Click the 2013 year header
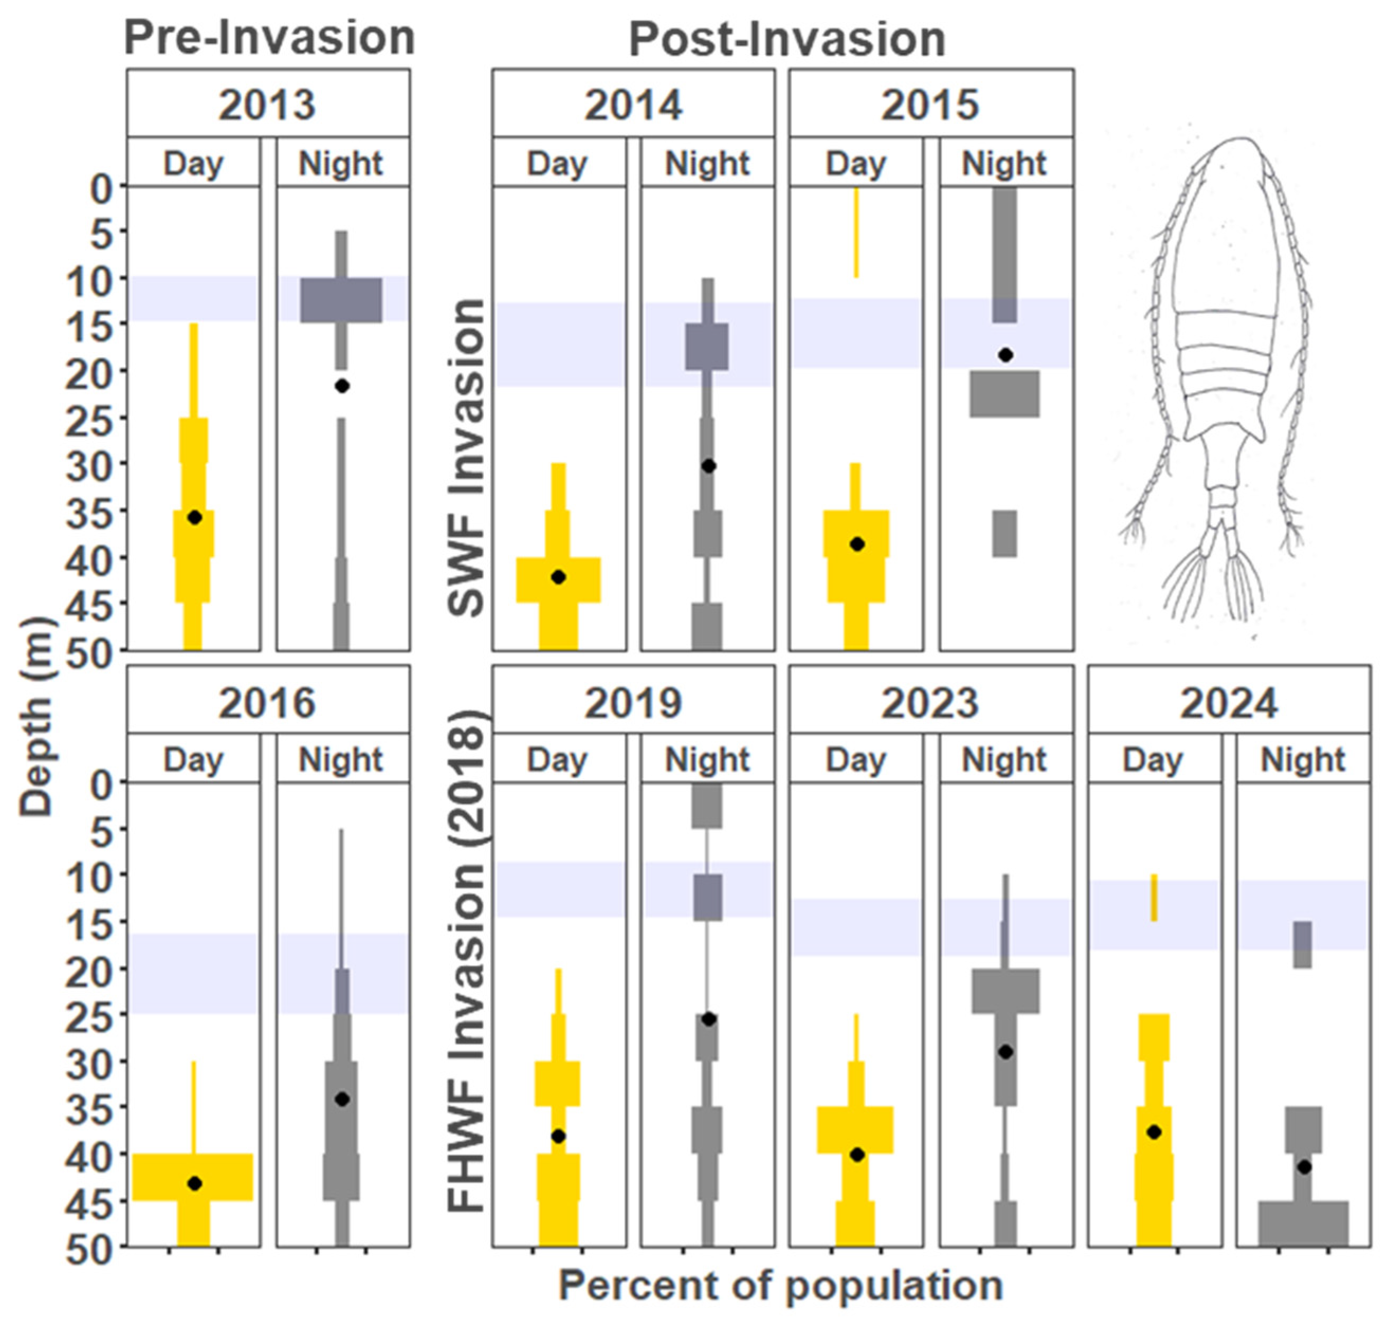(x=267, y=104)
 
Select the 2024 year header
(x=1228, y=702)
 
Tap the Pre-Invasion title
(x=269, y=38)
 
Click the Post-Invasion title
(x=786, y=40)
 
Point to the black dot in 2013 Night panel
(x=342, y=386)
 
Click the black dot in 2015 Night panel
(x=1006, y=355)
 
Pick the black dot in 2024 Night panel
(x=1304, y=1167)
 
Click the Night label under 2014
(x=707, y=163)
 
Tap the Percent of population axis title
(x=780, y=1286)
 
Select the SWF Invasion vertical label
(x=466, y=458)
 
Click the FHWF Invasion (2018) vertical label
(x=466, y=962)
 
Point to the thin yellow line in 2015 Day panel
(x=856, y=233)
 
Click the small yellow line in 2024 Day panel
(x=1154, y=897)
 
